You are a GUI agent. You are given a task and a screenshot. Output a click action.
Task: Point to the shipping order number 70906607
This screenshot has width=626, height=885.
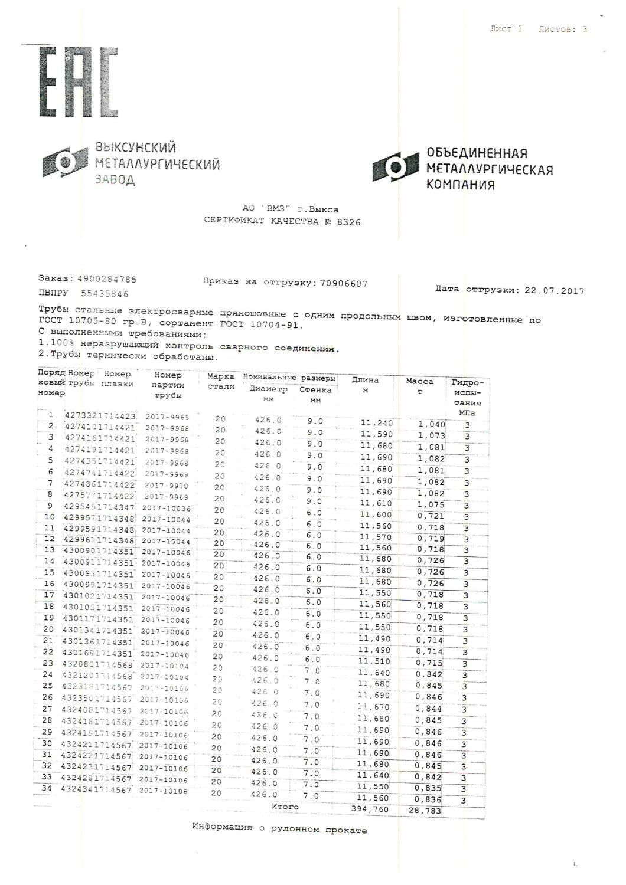[x=343, y=283]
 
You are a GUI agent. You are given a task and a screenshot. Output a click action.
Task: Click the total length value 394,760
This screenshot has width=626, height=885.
[x=370, y=809]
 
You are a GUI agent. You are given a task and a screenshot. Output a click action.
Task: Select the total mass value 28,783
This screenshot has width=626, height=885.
[x=425, y=811]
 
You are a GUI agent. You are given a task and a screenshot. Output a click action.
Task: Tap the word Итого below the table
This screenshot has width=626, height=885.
[x=285, y=806]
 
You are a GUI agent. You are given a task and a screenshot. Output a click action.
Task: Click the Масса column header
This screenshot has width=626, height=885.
[x=419, y=382]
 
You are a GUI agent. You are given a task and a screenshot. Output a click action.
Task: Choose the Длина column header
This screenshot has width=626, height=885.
[x=365, y=380]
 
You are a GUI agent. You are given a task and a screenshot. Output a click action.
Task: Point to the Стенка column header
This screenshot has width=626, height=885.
[x=315, y=390]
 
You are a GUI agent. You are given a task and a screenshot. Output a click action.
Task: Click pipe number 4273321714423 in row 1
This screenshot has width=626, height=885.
[x=100, y=415]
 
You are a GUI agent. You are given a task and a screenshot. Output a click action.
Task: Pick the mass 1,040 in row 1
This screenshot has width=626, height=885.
[x=431, y=424]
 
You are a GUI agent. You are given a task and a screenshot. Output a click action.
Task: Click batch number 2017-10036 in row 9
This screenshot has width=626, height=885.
[x=165, y=509]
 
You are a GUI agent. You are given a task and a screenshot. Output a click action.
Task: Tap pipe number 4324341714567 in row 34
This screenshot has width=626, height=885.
[x=96, y=790]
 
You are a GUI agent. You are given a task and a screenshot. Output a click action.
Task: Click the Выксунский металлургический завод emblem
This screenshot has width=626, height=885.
[x=65, y=162]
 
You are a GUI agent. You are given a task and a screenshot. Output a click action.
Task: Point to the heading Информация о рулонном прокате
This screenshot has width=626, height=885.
[x=279, y=829]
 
